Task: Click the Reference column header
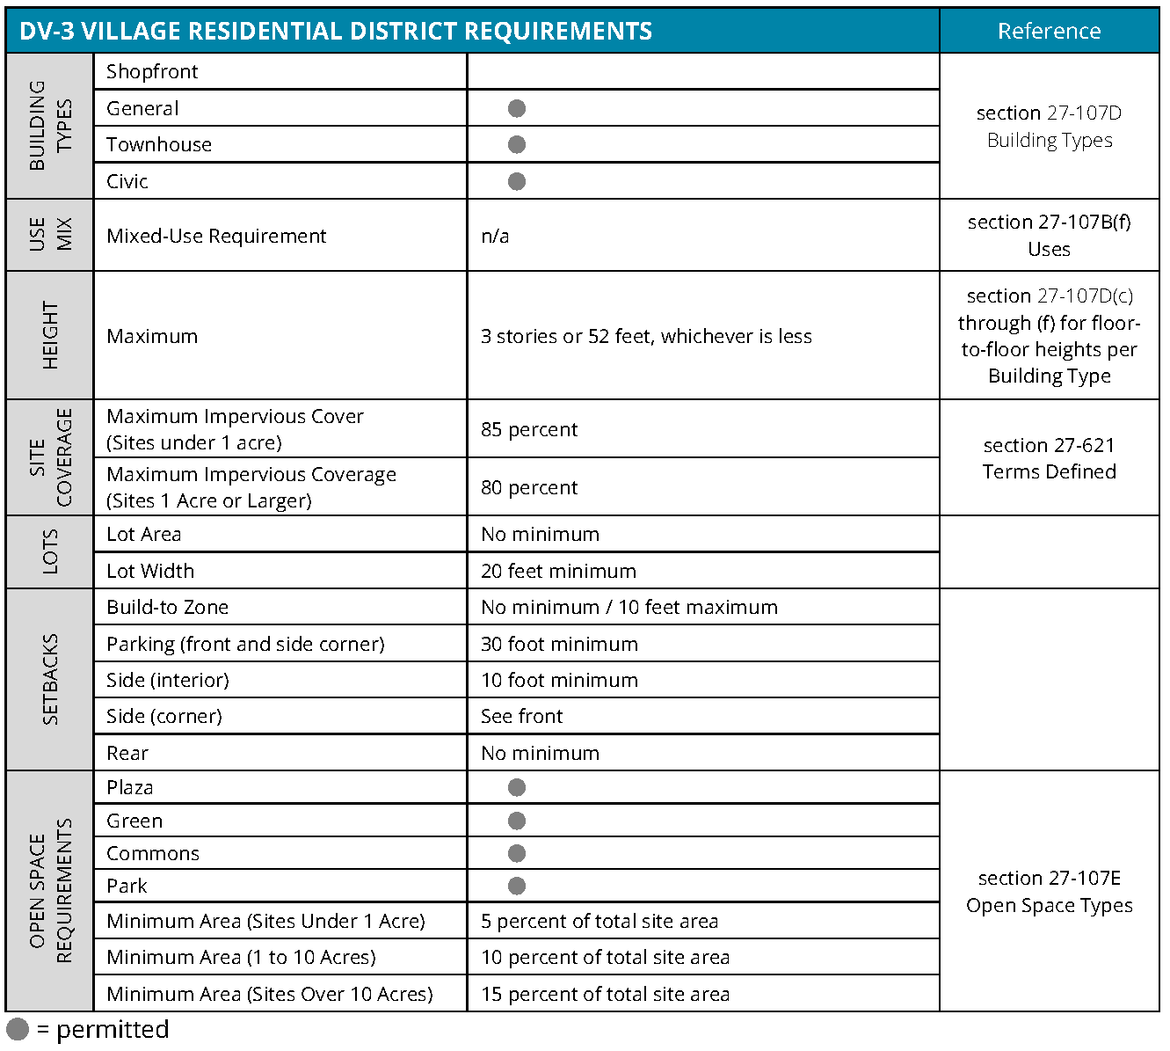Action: (x=1049, y=31)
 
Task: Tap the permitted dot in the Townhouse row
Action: (x=517, y=144)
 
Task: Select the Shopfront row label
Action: (x=152, y=71)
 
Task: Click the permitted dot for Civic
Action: (x=517, y=181)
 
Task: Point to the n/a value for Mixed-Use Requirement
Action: (x=495, y=236)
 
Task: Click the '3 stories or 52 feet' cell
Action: (x=646, y=336)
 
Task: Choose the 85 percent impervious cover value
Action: (x=529, y=429)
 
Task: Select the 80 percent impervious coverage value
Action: (x=529, y=487)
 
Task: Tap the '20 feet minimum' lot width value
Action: (x=558, y=571)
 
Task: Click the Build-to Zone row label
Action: (x=167, y=607)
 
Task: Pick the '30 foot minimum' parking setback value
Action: (x=559, y=644)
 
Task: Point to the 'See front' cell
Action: (x=521, y=716)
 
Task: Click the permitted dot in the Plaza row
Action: (x=517, y=787)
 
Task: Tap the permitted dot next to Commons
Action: (x=517, y=853)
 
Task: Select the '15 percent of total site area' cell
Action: (x=605, y=994)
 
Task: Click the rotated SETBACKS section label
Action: (x=50, y=679)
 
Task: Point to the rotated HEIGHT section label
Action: (x=50, y=335)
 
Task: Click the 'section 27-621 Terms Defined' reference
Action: (x=1049, y=458)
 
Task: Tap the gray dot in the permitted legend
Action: (x=18, y=1029)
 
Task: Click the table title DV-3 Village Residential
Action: (x=335, y=31)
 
